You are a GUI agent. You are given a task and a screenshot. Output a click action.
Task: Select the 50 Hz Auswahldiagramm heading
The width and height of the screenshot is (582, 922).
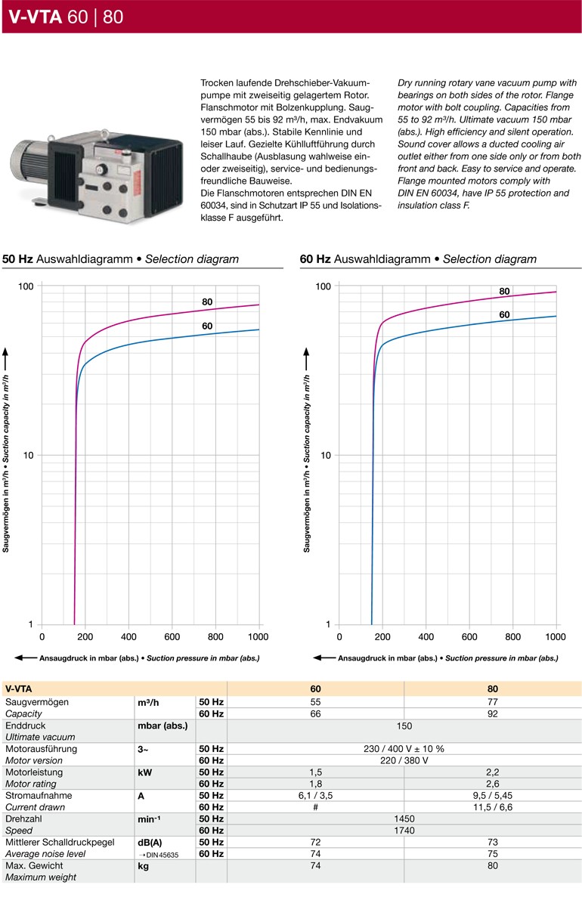[121, 259]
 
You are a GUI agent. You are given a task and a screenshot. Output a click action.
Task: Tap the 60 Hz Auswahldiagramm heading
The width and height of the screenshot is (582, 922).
[418, 259]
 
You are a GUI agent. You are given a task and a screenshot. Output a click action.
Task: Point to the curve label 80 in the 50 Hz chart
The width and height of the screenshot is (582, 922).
[207, 302]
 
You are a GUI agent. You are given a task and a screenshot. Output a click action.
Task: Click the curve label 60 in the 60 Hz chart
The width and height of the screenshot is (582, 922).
[505, 314]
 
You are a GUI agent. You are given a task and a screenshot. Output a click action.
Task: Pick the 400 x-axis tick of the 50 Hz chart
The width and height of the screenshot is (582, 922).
[128, 637]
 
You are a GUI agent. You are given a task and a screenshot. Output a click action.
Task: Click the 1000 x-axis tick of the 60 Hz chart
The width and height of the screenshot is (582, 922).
[556, 637]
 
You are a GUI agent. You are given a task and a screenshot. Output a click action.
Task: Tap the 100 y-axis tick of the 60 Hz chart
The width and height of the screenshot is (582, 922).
[323, 286]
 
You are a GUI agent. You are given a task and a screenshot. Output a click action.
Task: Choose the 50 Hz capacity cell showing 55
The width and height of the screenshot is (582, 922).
[315, 702]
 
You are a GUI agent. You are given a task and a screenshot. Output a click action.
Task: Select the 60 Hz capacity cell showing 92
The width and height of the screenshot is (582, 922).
[493, 713]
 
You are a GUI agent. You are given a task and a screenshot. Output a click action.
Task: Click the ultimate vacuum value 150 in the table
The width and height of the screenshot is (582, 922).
[404, 726]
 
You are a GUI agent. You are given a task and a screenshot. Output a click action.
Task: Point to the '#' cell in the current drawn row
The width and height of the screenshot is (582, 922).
[315, 807]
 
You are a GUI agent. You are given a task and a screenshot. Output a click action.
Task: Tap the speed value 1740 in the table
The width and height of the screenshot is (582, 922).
[404, 831]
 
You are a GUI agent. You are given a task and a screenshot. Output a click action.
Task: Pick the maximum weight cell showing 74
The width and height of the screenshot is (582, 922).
[315, 865]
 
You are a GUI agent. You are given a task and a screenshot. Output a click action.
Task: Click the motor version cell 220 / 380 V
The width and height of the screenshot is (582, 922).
[404, 760]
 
